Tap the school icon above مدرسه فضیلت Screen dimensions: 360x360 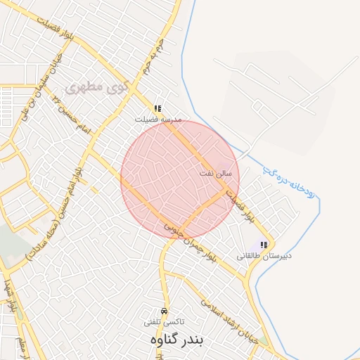pos(157,109)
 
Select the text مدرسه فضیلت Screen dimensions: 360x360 pos(159,120)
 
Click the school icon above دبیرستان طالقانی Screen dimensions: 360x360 pos(264,245)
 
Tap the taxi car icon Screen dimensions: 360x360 pos(164,311)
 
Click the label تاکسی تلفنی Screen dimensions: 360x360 pos(164,322)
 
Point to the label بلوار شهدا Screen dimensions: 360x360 pos(10,296)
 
